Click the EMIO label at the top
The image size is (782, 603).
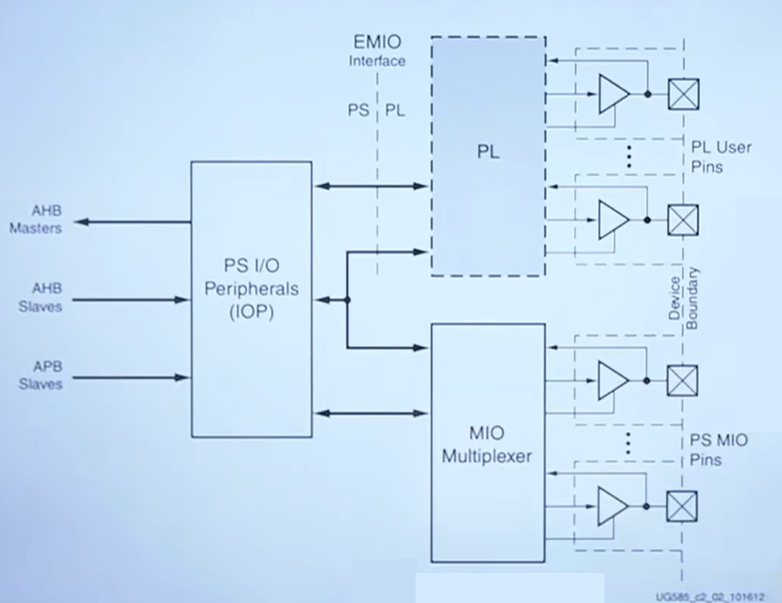pyautogui.click(x=377, y=42)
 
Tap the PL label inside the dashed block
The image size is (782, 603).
pyautogui.click(x=489, y=151)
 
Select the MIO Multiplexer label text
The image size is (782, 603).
pyautogui.click(x=487, y=445)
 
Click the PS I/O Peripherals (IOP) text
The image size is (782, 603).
pyautogui.click(x=252, y=289)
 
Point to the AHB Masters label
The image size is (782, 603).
pyautogui.click(x=36, y=220)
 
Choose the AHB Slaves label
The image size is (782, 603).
pyautogui.click(x=40, y=298)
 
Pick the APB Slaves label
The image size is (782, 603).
pyautogui.click(x=41, y=375)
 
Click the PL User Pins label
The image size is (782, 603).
pyautogui.click(x=721, y=157)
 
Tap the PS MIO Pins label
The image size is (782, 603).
pyautogui.click(x=719, y=449)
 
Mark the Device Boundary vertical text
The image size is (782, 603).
pyautogui.click(x=684, y=299)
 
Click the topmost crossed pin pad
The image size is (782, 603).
pyautogui.click(x=684, y=94)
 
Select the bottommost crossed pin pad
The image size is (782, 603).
pyautogui.click(x=682, y=506)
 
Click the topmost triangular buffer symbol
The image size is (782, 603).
pyautogui.click(x=613, y=94)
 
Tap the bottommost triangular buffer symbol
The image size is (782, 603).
pyautogui.click(x=612, y=506)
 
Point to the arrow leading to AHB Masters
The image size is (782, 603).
pyautogui.click(x=132, y=221)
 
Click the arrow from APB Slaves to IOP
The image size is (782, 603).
pyautogui.click(x=131, y=378)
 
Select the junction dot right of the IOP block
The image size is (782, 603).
pyautogui.click(x=347, y=300)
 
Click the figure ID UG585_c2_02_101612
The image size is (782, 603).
pyautogui.click(x=710, y=597)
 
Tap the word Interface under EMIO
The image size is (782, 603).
pyautogui.click(x=377, y=61)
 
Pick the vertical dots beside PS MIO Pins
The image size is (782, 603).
pyautogui.click(x=628, y=443)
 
